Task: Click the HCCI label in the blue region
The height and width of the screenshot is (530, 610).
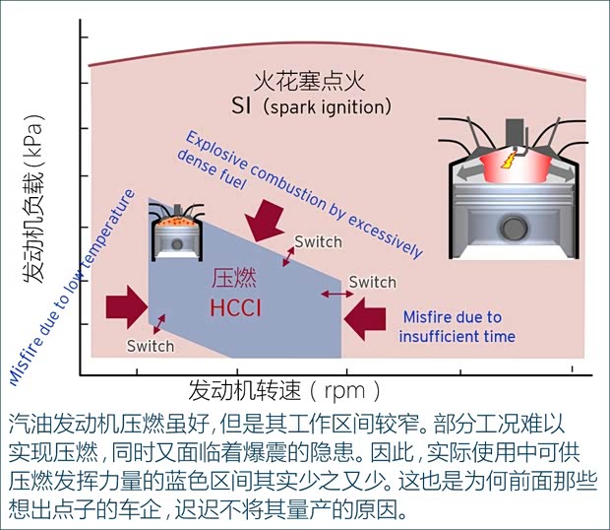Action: coord(235,308)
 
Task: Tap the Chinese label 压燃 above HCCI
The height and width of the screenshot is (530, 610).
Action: coord(234,280)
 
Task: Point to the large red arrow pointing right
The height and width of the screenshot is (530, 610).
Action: coord(124,303)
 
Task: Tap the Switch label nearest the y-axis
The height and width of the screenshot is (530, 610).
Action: coord(151,346)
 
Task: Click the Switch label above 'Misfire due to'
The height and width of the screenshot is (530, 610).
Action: coord(372,282)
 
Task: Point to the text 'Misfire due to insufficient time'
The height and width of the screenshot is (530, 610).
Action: coord(457,327)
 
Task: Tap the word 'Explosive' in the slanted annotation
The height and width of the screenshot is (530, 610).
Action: coord(215,150)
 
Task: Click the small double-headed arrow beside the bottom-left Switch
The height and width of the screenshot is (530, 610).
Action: coord(157,323)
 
